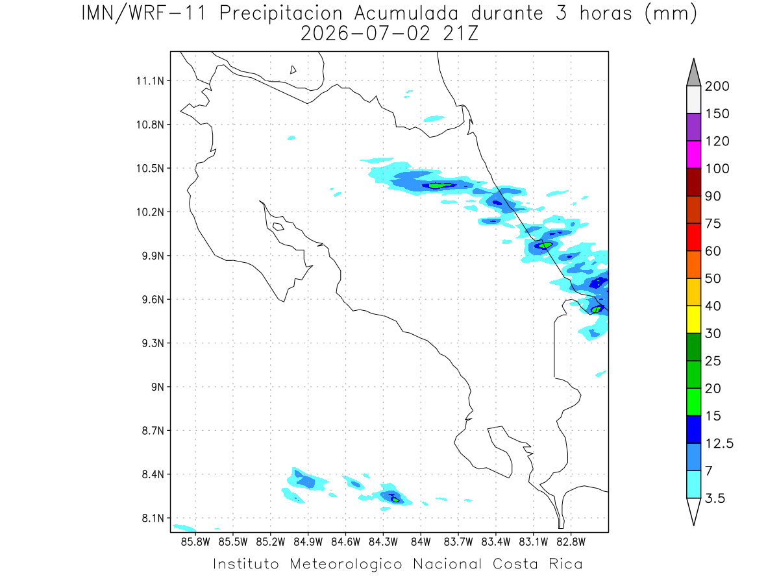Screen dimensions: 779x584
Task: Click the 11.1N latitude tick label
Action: tap(150, 81)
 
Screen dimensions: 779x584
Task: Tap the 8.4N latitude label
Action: tap(153, 474)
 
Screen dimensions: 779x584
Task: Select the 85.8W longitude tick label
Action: tap(195, 542)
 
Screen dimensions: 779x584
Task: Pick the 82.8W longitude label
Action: tap(571, 542)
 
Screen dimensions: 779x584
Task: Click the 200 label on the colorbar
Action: tap(717, 86)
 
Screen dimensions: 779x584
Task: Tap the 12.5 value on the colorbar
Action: tap(719, 443)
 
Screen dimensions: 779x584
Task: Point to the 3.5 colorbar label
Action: tap(715, 498)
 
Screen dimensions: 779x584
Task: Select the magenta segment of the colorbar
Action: tap(693, 154)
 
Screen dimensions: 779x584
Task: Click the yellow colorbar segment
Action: tap(693, 319)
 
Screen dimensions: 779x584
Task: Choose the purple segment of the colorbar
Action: tap(693, 127)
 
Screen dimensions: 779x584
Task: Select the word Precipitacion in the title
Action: tap(281, 14)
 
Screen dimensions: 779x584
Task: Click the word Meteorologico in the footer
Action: tap(346, 564)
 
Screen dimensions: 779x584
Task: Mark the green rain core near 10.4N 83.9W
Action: tap(438, 185)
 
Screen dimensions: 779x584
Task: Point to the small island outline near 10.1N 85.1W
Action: tap(278, 226)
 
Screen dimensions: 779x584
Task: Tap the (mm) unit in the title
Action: tap(671, 14)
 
